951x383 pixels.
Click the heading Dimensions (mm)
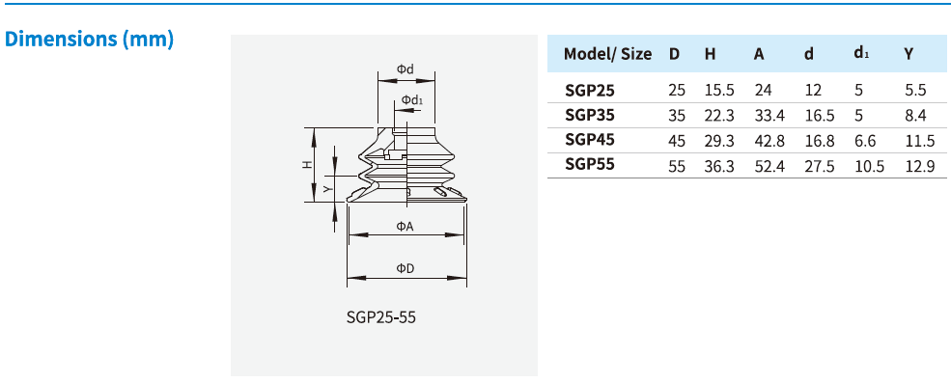point(89,40)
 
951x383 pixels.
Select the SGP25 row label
point(589,90)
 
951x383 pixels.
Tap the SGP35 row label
point(589,115)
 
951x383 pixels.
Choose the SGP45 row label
point(589,140)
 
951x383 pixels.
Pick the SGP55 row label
point(589,165)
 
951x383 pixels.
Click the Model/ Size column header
point(607,54)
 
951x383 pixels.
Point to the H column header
point(710,54)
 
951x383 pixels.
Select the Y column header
point(908,54)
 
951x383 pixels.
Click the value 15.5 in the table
point(719,90)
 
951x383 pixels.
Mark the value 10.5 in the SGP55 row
point(869,165)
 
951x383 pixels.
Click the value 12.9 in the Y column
point(919,165)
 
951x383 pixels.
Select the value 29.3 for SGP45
point(719,140)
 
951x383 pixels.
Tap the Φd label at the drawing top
point(406,69)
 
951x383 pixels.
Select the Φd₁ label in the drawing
point(413,100)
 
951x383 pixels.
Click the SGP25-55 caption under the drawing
point(380,316)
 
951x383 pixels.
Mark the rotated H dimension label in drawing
point(307,164)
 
